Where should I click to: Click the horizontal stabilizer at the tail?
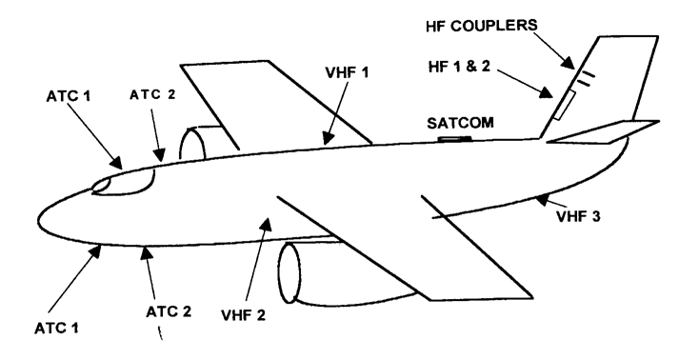[x=605, y=132]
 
